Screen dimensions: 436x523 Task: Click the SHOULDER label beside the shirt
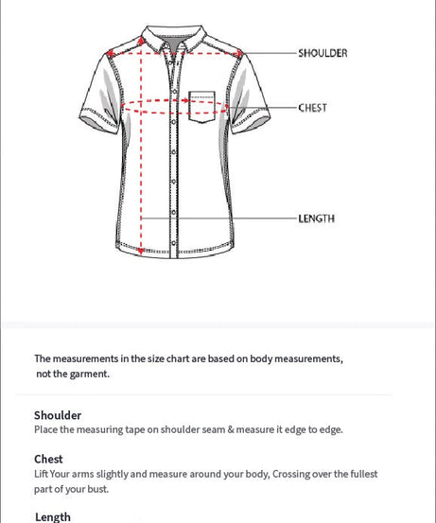click(x=323, y=53)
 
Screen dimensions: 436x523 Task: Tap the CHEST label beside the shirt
click(x=312, y=108)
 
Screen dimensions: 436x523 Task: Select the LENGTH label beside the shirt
click(x=316, y=218)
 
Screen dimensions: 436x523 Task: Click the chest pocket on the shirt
click(x=202, y=105)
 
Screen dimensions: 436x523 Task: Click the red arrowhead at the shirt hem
click(x=141, y=251)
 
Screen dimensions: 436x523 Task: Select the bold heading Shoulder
click(x=58, y=415)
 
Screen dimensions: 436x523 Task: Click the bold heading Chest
click(x=48, y=460)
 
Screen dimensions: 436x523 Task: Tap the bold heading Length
click(x=53, y=516)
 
